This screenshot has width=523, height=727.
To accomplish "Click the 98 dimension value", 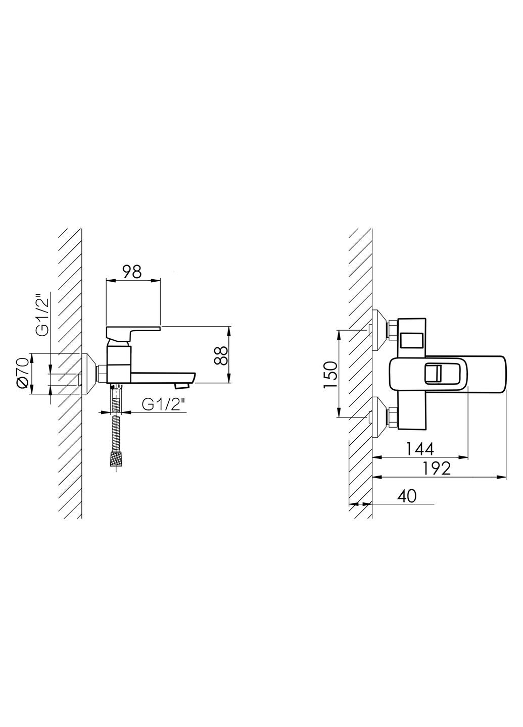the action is [132, 272].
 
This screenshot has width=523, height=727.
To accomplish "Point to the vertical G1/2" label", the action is [42, 314].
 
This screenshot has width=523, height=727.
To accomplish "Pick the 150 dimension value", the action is [330, 374].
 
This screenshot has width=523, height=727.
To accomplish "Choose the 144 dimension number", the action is [420, 449].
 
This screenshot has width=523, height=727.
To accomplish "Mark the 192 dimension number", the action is [436, 468].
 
